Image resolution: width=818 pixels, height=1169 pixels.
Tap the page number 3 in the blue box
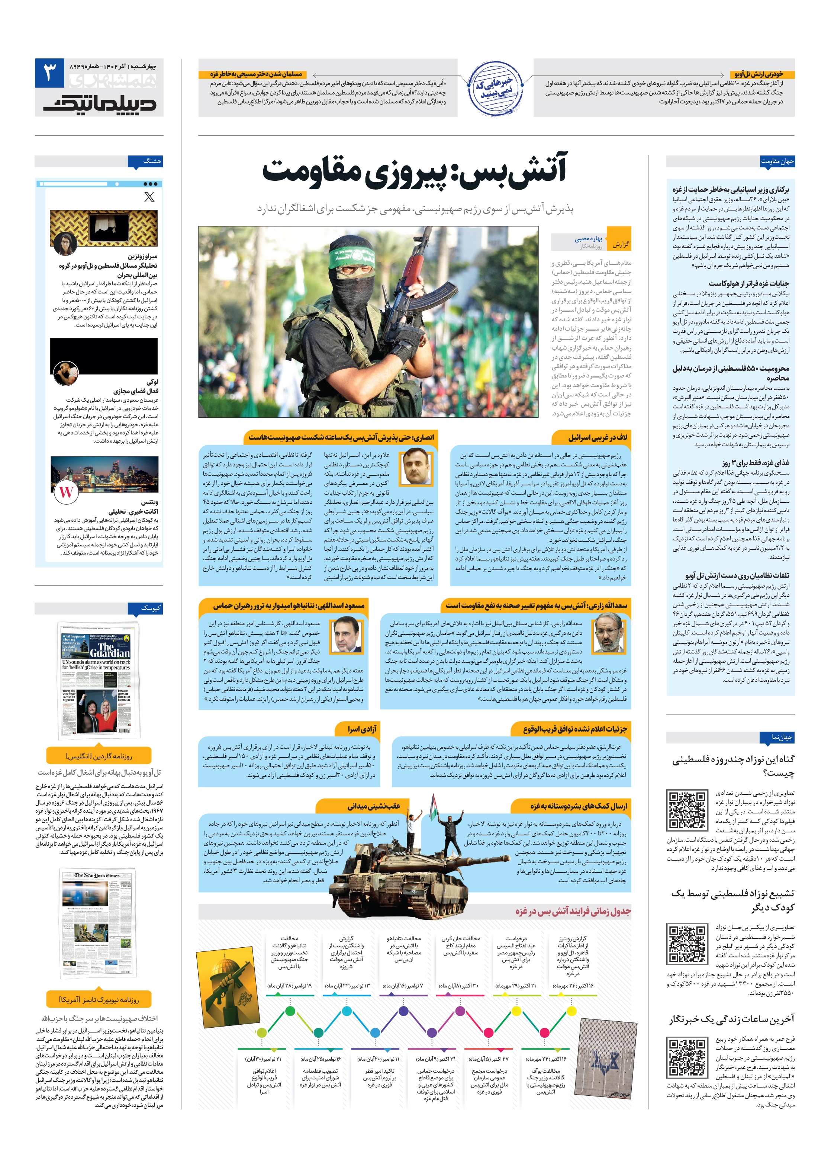[x=49, y=73]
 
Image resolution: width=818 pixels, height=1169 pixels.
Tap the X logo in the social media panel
[x=149, y=196]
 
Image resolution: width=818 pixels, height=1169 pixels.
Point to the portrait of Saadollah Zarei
[x=609, y=633]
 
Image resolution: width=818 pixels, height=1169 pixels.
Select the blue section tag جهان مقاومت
[x=777, y=161]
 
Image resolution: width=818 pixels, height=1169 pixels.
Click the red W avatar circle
[x=67, y=491]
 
